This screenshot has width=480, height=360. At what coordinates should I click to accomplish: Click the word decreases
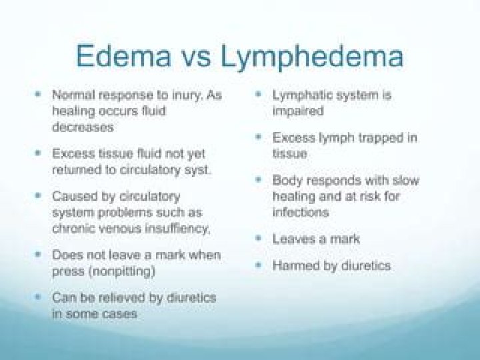point(83,127)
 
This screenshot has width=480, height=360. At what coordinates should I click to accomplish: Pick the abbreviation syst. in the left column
point(195,169)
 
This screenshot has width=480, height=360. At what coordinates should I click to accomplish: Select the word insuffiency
point(177,228)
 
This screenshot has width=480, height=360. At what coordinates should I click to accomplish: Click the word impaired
point(297,111)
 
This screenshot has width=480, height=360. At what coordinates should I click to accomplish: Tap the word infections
point(301,212)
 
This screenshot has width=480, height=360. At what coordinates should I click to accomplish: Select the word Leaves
point(292,239)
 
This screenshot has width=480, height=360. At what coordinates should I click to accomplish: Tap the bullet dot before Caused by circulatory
point(38,196)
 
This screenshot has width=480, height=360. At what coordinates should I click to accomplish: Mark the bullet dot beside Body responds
point(259,180)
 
